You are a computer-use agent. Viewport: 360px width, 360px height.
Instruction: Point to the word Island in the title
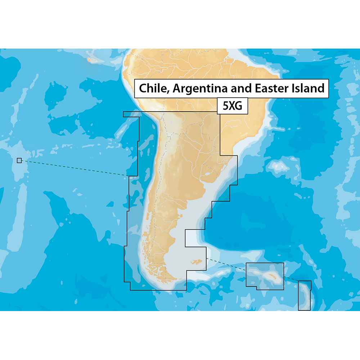click(307, 88)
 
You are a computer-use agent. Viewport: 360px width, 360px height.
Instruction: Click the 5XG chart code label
click(232, 106)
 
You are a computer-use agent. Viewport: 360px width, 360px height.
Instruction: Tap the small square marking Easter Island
click(19, 161)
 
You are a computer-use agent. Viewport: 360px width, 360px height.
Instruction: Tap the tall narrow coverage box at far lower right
click(305, 295)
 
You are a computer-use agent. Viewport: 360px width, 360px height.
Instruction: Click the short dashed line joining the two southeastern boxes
click(291, 280)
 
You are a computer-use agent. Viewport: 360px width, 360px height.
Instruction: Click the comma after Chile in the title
click(168, 91)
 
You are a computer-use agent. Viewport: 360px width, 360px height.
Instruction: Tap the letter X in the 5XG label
click(232, 106)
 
